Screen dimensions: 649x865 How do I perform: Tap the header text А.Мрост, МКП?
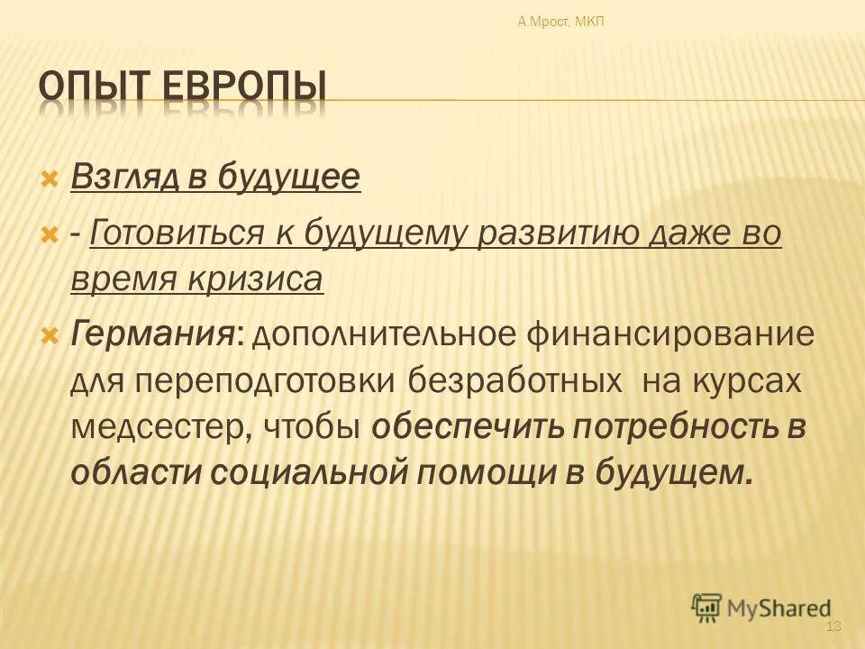[x=561, y=22]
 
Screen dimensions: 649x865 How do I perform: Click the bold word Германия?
[x=153, y=335]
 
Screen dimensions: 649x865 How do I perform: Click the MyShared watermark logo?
[x=761, y=608]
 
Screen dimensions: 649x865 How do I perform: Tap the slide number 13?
[x=833, y=626]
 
